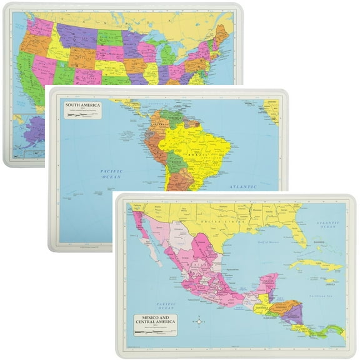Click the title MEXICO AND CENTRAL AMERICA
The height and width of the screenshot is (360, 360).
point(152,322)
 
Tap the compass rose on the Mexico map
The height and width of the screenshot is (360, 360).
point(199,321)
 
